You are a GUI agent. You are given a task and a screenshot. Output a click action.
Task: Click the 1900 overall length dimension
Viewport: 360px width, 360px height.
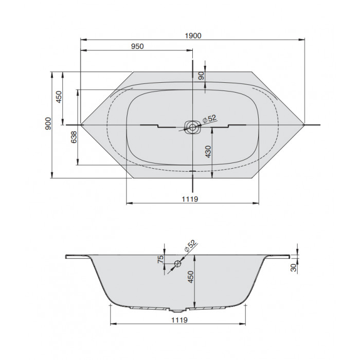click(193, 36)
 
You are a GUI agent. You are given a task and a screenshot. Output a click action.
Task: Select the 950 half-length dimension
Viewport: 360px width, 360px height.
click(137, 46)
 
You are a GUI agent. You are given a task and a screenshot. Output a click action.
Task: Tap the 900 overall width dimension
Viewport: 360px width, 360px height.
click(48, 123)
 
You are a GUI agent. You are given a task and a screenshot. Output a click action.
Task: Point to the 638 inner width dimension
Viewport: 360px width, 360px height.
click(74, 137)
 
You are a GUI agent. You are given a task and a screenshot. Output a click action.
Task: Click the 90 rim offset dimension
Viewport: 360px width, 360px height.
click(201, 76)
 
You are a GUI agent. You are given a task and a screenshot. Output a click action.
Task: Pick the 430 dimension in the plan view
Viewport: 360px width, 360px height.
click(208, 152)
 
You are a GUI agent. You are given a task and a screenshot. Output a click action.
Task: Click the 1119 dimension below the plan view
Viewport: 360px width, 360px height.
click(190, 199)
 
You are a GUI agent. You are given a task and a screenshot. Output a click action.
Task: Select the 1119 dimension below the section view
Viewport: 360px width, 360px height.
click(179, 320)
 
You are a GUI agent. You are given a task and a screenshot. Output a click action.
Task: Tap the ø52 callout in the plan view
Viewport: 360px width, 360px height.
click(209, 119)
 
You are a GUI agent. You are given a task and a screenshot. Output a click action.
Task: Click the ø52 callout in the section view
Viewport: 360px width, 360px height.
click(190, 246)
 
